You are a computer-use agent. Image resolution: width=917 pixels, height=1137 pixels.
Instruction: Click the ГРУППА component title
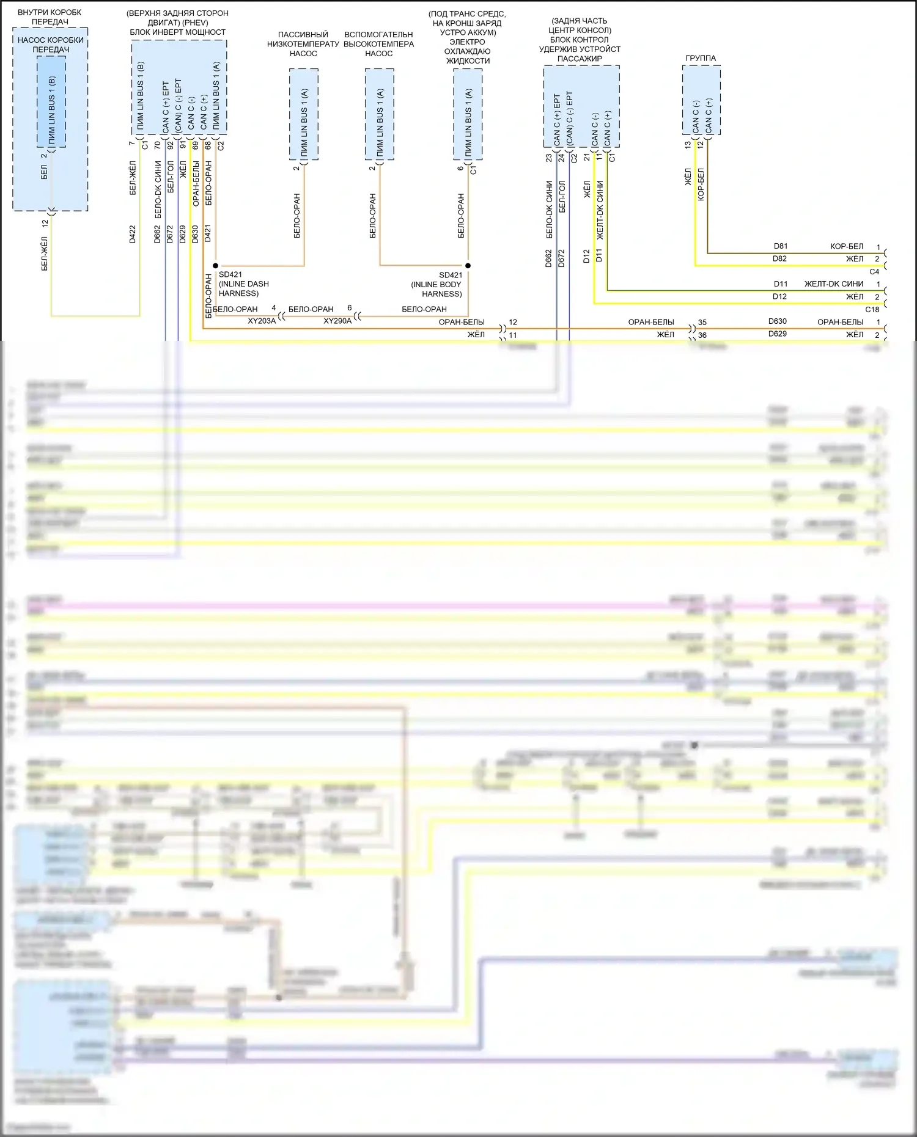(x=701, y=58)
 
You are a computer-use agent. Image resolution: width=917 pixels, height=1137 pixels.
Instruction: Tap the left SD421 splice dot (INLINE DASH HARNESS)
(x=215, y=266)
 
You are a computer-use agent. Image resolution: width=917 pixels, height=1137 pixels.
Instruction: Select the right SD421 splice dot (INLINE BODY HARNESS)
(x=468, y=266)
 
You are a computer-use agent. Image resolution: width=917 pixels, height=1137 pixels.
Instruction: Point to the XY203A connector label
(x=262, y=321)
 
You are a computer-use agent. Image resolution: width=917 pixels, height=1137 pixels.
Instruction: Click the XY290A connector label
(x=337, y=321)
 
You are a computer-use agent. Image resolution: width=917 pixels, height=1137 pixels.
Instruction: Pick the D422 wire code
(x=133, y=235)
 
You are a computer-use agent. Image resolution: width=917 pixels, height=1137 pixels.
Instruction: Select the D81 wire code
(x=780, y=246)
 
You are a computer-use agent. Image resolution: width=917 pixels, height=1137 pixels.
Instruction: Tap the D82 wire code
(x=780, y=258)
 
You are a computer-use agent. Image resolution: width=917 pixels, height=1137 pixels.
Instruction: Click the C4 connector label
(x=874, y=271)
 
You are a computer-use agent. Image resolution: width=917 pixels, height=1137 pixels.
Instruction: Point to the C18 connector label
(x=872, y=309)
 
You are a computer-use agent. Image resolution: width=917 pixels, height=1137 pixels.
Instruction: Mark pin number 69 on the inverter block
(x=195, y=145)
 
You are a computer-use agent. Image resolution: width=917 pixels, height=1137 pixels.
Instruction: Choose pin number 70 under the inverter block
(x=158, y=145)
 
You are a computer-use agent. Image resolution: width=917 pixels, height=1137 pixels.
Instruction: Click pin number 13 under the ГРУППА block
(x=688, y=145)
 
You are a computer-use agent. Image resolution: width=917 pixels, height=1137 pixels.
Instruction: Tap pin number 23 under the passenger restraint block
(x=549, y=158)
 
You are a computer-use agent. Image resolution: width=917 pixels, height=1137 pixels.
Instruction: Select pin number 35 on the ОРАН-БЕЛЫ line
(x=702, y=322)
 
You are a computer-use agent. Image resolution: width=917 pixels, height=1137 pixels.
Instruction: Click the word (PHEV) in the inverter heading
(x=194, y=23)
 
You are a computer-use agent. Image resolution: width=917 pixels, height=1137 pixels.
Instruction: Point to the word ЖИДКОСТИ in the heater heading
(x=468, y=60)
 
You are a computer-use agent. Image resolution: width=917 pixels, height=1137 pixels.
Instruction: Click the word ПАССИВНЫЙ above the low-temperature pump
(x=303, y=35)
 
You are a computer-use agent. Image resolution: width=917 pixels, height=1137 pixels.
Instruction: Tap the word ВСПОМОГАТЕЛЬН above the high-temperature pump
(x=378, y=35)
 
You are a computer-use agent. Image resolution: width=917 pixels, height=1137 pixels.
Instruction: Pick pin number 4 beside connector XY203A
(x=274, y=309)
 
